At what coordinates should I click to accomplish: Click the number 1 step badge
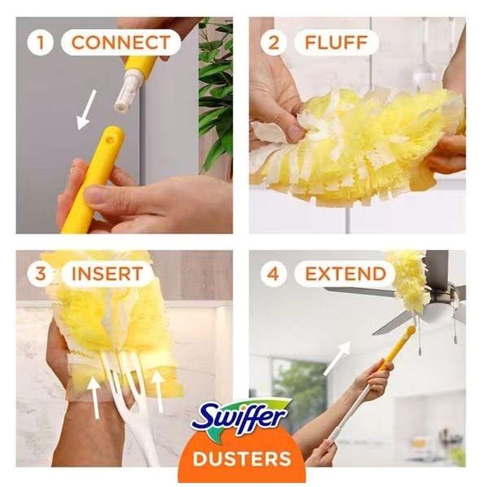pos(40,42)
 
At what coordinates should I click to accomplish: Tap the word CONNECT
pos(121,42)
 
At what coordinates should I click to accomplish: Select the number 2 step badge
pos(274,42)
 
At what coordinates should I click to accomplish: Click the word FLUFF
pos(337,42)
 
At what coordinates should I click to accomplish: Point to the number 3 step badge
pos(40,274)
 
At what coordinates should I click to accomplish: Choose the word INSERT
pos(107,274)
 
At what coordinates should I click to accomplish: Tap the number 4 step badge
pos(273,274)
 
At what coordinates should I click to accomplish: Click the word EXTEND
pos(346,274)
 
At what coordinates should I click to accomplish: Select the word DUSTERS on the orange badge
pos(242,458)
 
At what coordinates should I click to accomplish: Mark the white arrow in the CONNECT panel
pos(86,110)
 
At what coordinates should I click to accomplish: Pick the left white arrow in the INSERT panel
pos(94,396)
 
